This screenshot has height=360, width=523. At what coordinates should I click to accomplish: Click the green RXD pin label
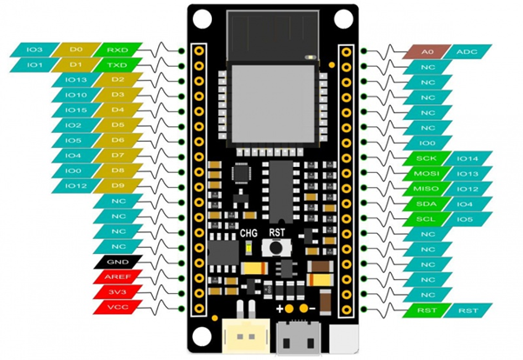tap(117, 50)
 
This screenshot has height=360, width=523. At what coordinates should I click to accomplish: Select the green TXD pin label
tap(117, 64)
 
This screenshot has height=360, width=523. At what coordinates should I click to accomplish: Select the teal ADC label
tap(467, 51)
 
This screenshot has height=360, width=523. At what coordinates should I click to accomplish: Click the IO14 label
tap(467, 158)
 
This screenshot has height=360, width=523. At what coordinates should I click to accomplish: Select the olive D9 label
tap(117, 185)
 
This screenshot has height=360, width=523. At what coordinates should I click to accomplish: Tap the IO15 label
tap(75, 110)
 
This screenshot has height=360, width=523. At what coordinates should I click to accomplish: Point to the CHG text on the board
tap(250, 233)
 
